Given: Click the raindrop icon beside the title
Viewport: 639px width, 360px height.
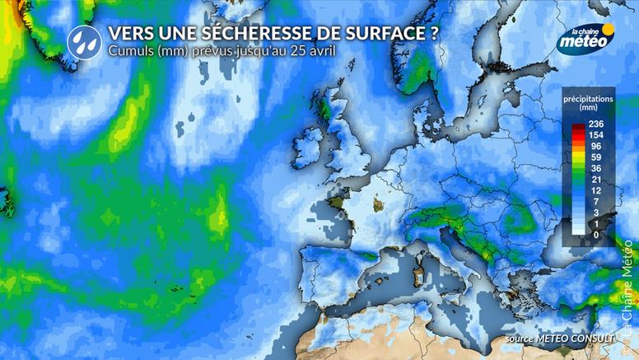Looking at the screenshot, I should tap(82, 39).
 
